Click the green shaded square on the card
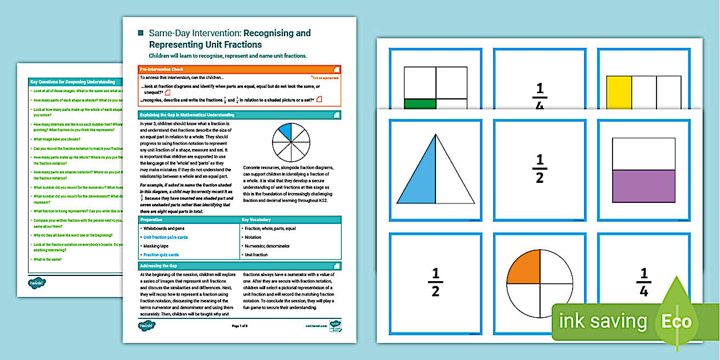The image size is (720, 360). pos(419,103)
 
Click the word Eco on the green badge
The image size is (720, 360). pos(676,321)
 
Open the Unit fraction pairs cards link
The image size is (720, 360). pos(165,237)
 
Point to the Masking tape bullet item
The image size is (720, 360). pos(155,246)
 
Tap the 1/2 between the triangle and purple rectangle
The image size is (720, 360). pos(539,169)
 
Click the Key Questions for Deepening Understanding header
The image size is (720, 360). pos(73,82)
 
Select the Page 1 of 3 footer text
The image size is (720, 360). pos(239,326)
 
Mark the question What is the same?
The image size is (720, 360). pos(48,259)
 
